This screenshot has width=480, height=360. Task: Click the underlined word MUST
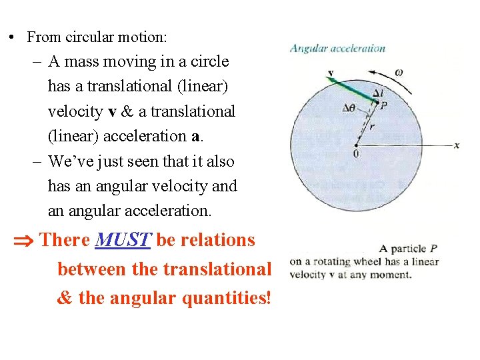[x=124, y=240]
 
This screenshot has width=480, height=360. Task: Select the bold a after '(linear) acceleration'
[x=195, y=136]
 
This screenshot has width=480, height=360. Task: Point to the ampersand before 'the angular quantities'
[x=65, y=298]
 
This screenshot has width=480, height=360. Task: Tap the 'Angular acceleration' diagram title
[x=337, y=48]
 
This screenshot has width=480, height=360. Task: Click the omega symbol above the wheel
[x=398, y=72]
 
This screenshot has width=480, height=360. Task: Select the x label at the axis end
[x=457, y=145]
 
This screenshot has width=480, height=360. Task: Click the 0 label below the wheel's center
[x=356, y=154]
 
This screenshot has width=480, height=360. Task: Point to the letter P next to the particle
[x=383, y=105]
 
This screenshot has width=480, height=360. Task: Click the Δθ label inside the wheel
[x=349, y=109]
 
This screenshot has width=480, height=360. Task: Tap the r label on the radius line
[x=372, y=125]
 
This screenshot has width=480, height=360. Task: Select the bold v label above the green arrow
[x=331, y=73]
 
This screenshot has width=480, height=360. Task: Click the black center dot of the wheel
[x=357, y=145]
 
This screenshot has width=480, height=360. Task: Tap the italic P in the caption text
[x=433, y=249]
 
